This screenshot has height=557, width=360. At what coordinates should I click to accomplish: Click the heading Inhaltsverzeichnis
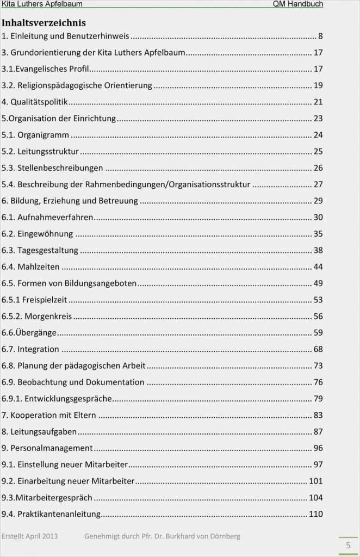coord(44,23)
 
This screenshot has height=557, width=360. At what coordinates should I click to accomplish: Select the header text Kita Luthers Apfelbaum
coord(38,4)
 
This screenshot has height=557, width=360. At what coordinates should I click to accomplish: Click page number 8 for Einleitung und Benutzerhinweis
coord(320,36)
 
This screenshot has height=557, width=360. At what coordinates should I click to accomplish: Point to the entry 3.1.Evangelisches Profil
coord(45,69)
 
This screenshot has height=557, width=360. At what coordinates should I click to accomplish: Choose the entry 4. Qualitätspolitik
coord(35,102)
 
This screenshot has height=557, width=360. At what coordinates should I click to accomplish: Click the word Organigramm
coord(43,135)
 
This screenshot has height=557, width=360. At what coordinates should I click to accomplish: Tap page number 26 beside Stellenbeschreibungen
coord(318,168)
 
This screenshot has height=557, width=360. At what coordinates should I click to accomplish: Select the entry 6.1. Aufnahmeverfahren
coord(47,218)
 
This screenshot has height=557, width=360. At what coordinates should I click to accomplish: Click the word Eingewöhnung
coord(45,234)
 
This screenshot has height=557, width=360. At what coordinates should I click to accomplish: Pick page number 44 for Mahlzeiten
coord(318,267)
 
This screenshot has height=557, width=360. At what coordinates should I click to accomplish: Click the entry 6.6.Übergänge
coord(29,333)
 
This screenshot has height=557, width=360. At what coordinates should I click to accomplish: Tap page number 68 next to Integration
coord(318,349)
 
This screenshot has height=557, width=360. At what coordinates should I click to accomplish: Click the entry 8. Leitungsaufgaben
coord(39,432)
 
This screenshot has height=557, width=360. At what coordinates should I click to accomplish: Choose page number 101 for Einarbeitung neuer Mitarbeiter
coord(315,481)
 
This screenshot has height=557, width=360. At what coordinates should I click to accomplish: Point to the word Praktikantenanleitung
coord(59,514)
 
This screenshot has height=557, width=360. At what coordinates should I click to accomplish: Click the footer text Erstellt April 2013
coord(29,536)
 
